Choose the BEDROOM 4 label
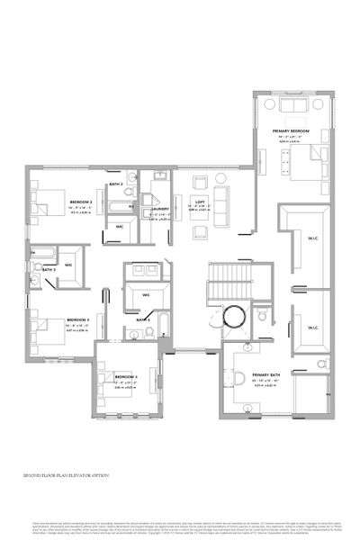point(124,376)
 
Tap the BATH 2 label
point(115,184)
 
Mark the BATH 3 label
point(49,268)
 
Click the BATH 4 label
point(143,319)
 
